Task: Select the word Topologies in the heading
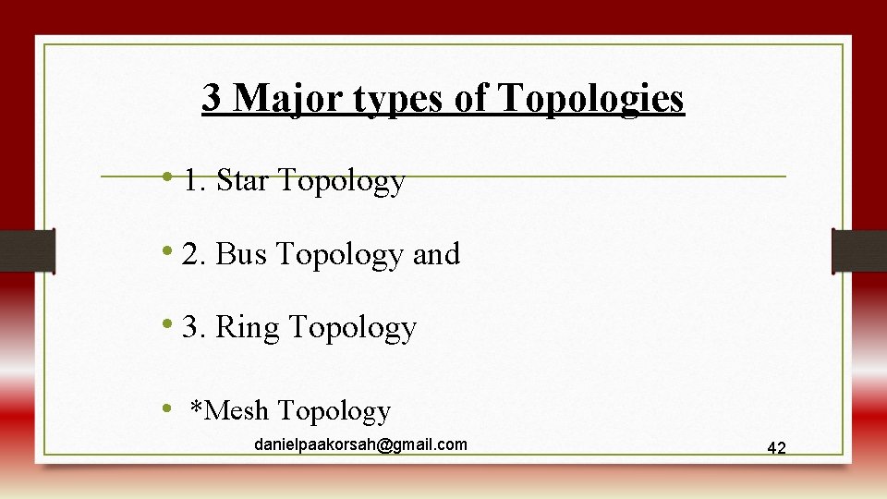591,97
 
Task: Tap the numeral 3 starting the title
212,97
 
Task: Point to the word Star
243,180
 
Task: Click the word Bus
242,253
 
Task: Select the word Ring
247,327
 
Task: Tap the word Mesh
238,409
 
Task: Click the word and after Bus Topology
436,253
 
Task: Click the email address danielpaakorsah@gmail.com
360,444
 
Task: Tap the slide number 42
776,447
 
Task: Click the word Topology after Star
341,181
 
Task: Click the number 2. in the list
194,253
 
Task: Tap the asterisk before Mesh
196,407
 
